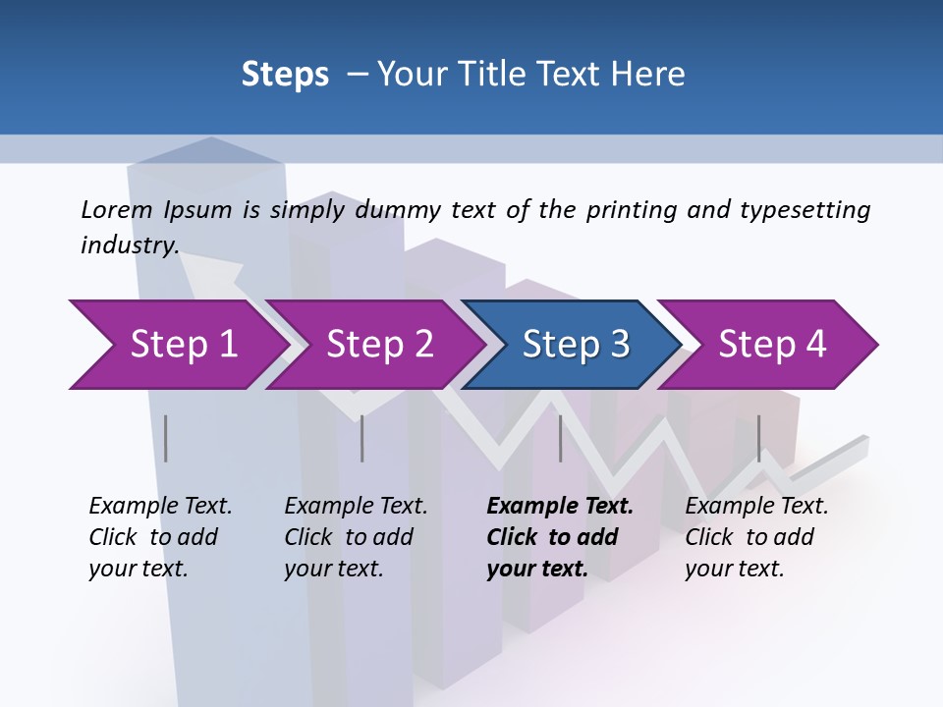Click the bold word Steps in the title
click(x=285, y=75)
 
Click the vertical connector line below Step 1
click(x=166, y=438)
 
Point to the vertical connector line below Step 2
click(x=362, y=438)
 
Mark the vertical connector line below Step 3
click(x=561, y=438)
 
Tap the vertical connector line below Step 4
click(x=759, y=438)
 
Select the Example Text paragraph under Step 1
click(x=160, y=537)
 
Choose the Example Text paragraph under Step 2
click(x=356, y=537)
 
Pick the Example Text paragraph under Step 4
click(x=756, y=537)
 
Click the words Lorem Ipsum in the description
click(x=156, y=210)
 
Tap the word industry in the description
click(x=129, y=245)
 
